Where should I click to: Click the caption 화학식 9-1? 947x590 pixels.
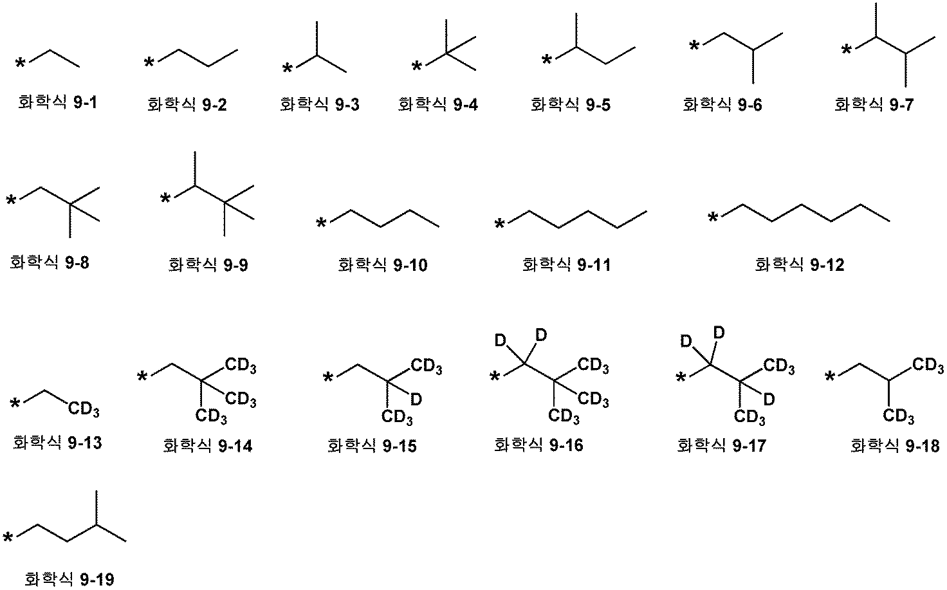coord(57,102)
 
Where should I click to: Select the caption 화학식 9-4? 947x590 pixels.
coord(438,104)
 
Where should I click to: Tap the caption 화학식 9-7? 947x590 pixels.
coord(873,104)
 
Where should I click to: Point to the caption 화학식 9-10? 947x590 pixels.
coord(382,264)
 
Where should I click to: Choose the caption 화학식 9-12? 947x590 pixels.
coord(799,264)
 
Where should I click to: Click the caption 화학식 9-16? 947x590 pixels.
coord(538,445)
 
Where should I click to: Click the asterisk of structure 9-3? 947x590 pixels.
coord(288,68)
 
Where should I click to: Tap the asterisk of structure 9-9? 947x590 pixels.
coord(165,199)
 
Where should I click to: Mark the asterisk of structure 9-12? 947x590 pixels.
coord(713,219)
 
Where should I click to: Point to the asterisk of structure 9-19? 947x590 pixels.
coord(8,539)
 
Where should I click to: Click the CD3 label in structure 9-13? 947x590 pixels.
coord(84,409)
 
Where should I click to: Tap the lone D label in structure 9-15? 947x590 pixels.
coord(416,400)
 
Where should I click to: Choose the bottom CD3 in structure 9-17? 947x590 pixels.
coord(749,417)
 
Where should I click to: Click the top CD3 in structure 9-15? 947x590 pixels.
coord(427,367)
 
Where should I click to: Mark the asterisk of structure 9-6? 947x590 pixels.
coord(694,46)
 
